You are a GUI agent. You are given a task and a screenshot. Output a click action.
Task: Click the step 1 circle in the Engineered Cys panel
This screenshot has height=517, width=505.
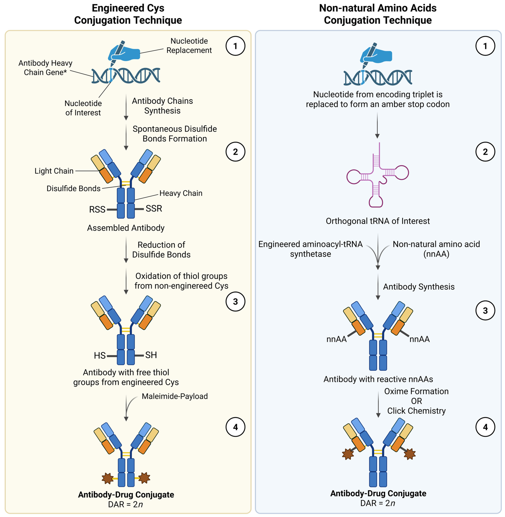pyautogui.click(x=235, y=46)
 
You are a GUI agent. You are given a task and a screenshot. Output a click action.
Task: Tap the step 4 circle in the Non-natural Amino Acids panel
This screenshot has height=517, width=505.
pyautogui.click(x=485, y=427)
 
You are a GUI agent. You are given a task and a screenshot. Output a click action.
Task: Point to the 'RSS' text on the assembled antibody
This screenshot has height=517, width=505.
pyautogui.click(x=97, y=210)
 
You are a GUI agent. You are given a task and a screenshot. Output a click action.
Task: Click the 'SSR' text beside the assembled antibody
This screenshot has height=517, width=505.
pyautogui.click(x=154, y=208)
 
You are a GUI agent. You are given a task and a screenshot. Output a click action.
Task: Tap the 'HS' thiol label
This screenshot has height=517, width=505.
pyautogui.click(x=100, y=355)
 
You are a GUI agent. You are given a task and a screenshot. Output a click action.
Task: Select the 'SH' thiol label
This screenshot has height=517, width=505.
pyautogui.click(x=151, y=355)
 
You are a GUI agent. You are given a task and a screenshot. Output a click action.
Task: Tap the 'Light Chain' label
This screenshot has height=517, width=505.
pyautogui.click(x=54, y=171)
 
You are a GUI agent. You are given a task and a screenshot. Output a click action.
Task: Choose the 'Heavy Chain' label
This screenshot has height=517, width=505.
pyautogui.click(x=181, y=193)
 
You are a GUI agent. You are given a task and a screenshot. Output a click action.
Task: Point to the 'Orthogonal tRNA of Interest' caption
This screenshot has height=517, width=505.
pyautogui.click(x=378, y=221)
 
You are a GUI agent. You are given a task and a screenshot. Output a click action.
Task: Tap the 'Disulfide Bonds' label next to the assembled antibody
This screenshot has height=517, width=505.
pyautogui.click(x=73, y=188)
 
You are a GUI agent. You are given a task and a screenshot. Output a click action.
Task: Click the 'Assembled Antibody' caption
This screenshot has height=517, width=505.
pyautogui.click(x=126, y=228)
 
